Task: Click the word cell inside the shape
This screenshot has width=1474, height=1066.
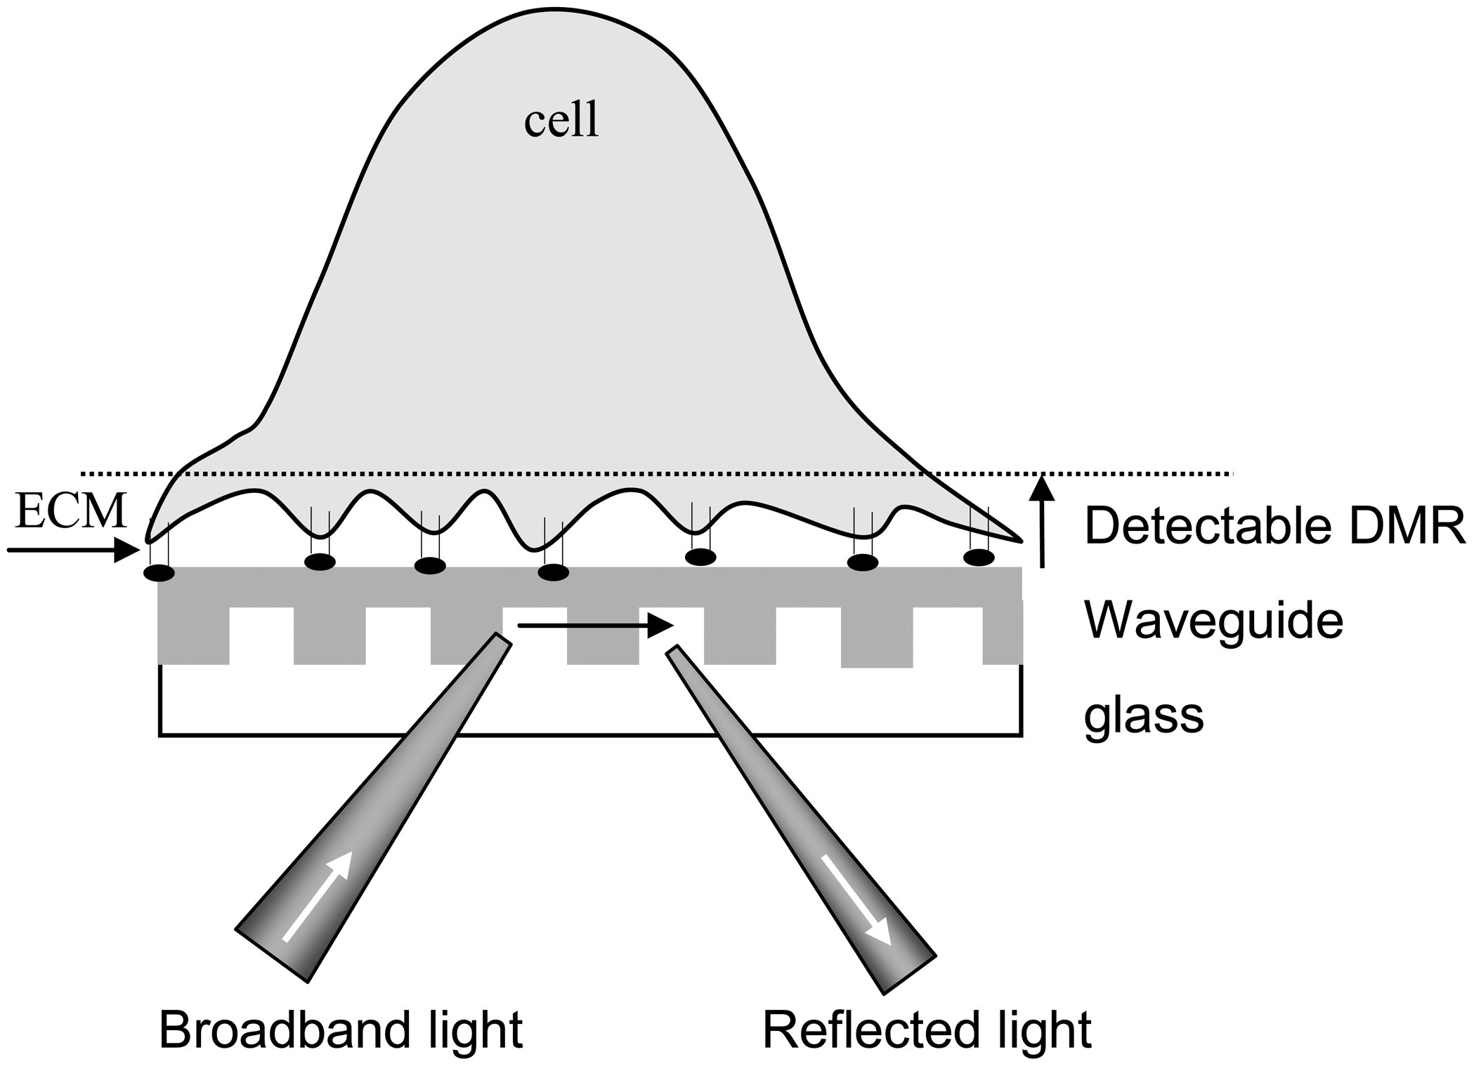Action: [x=561, y=121]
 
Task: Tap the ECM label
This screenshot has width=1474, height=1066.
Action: [x=71, y=511]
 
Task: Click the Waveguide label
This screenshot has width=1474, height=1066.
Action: [x=1214, y=621]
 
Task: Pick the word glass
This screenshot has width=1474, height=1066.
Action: [x=1144, y=716]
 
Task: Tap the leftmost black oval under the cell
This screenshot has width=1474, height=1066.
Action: [x=159, y=573]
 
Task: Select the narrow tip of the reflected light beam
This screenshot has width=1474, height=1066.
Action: [x=673, y=651]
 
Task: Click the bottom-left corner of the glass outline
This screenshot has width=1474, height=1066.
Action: [x=160, y=735]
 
